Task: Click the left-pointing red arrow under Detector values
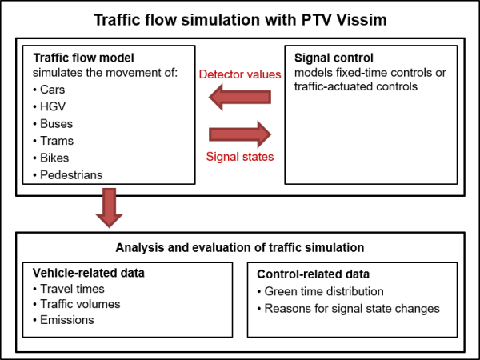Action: point(240,97)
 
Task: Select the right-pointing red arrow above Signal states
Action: point(240,134)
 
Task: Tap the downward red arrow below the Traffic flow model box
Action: point(110,208)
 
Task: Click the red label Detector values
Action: point(240,74)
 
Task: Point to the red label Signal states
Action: point(240,157)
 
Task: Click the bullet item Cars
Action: point(49,90)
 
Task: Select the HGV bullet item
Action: point(50,106)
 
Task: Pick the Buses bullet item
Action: point(53,124)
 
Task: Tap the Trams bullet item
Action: point(54,141)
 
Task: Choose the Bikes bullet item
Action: point(51,158)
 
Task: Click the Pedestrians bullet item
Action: point(68,175)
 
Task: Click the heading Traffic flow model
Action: point(83,58)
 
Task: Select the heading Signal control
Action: point(334,58)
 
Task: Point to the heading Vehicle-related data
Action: point(89,273)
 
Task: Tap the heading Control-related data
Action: point(313,274)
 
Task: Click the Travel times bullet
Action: point(69,289)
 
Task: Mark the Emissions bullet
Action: point(63,320)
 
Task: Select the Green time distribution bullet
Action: point(321,291)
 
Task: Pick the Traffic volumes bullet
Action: point(77,304)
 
